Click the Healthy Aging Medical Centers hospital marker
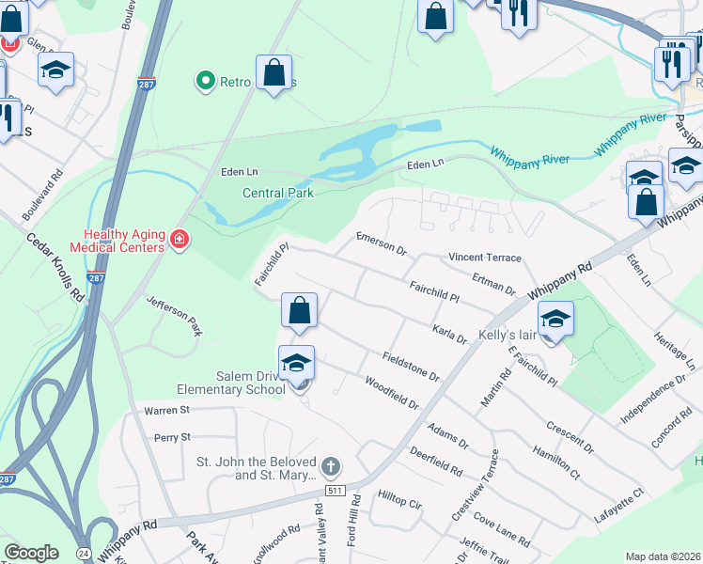pos(179,243)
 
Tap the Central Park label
pos(277,193)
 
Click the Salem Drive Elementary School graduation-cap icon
pos(296,362)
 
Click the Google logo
pos(31,553)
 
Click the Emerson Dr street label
pos(381,243)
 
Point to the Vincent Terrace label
pos(484,257)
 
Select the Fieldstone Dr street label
pos(411,365)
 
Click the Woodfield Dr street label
pos(391,393)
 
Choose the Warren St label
pos(166,410)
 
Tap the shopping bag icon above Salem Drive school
pos(299,309)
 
